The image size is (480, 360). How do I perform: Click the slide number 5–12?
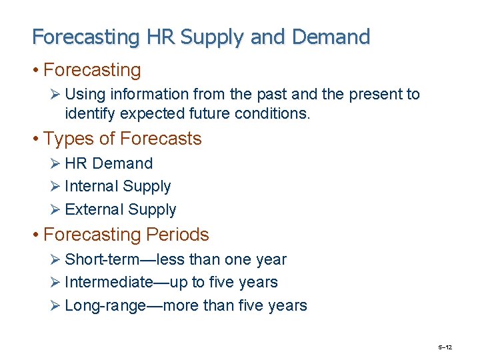tap(445, 347)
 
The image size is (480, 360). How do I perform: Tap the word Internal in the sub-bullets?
tap(94, 187)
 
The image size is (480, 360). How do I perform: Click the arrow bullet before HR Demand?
tap(57, 164)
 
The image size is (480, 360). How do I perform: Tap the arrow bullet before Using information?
tap(57, 95)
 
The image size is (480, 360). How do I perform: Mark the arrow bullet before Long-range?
tap(57, 306)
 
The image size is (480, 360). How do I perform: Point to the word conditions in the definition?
tap(272, 114)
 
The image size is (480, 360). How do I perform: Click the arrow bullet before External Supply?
tap(57, 209)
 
